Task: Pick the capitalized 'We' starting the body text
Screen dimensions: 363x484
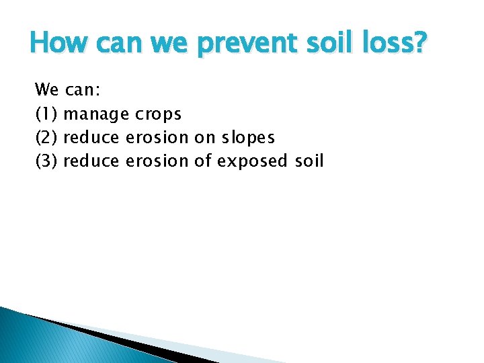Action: click(46, 89)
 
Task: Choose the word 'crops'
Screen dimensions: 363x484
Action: click(158, 114)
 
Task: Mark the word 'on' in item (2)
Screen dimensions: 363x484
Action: click(204, 137)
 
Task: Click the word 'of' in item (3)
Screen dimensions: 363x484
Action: click(205, 161)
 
